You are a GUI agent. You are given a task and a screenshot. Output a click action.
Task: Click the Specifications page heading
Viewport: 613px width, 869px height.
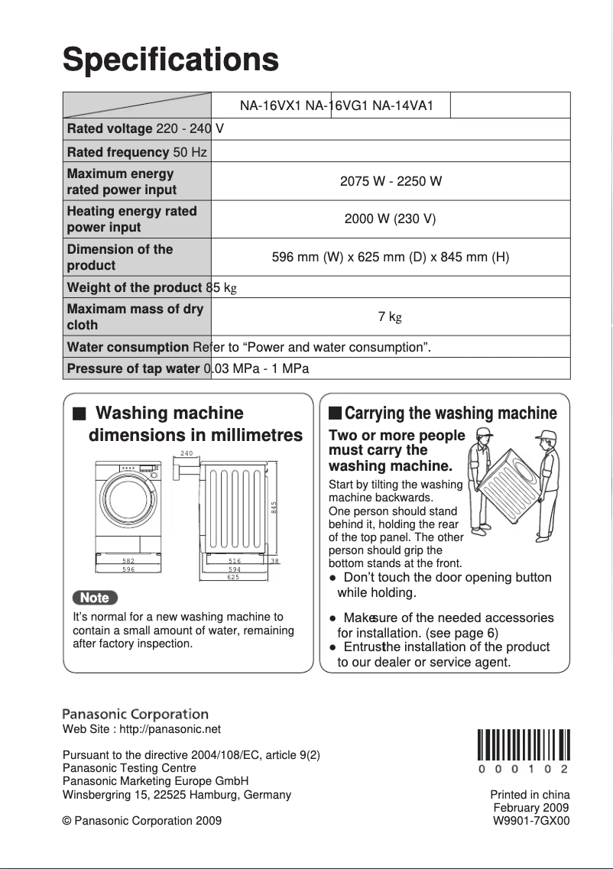coord(170,59)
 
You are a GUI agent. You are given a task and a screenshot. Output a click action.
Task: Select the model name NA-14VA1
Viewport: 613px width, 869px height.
coord(403,105)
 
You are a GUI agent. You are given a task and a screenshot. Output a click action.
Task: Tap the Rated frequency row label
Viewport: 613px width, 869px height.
coord(118,152)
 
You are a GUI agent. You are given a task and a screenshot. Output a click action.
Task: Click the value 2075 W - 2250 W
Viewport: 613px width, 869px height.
coord(391,182)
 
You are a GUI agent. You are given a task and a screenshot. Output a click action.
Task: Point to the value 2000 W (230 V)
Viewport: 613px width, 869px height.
coord(390,219)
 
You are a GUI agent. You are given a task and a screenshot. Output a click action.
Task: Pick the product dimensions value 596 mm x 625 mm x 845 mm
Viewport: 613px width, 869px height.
coord(391,257)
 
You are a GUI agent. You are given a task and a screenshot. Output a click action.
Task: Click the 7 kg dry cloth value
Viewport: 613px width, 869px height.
coord(390,316)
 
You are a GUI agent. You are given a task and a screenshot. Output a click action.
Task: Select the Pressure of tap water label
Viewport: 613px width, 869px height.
coord(134,368)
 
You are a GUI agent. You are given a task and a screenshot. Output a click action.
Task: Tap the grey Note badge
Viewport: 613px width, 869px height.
coord(95,598)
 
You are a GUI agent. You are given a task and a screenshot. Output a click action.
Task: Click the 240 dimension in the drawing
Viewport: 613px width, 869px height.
coord(186,454)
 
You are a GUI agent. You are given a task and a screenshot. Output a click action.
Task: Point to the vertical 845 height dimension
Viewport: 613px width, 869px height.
coord(273,506)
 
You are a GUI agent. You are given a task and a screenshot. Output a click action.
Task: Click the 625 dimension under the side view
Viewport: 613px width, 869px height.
coord(233,578)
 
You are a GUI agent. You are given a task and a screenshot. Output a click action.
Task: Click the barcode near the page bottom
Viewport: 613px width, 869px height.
coord(524,746)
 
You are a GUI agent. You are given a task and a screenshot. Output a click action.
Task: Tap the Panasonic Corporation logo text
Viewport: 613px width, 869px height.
coord(135,715)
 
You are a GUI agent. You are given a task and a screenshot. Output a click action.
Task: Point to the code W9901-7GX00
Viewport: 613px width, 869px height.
coord(531,821)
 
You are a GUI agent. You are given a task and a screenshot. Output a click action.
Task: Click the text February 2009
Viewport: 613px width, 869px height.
coord(531,808)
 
